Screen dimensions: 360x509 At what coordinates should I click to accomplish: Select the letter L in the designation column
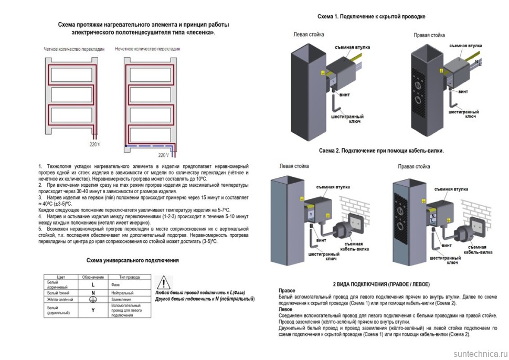click(93, 284)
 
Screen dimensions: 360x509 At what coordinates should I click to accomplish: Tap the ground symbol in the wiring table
click(93, 300)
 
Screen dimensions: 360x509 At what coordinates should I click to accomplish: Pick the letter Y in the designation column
click(93, 310)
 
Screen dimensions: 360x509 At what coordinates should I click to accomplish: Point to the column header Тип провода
click(130, 277)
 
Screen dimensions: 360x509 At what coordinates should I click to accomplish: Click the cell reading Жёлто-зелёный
click(60, 300)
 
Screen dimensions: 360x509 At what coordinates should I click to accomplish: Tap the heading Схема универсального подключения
click(132, 260)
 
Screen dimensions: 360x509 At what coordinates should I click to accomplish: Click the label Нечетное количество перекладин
click(147, 49)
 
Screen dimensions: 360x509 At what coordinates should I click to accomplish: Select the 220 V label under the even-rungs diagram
click(95, 144)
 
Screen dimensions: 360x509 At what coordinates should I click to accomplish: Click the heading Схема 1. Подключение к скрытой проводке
click(371, 17)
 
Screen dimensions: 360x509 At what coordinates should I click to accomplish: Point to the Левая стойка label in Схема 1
click(309, 35)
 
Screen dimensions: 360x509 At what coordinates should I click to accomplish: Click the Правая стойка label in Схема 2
click(414, 167)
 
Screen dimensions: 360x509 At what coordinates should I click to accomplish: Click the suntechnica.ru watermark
click(477, 353)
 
